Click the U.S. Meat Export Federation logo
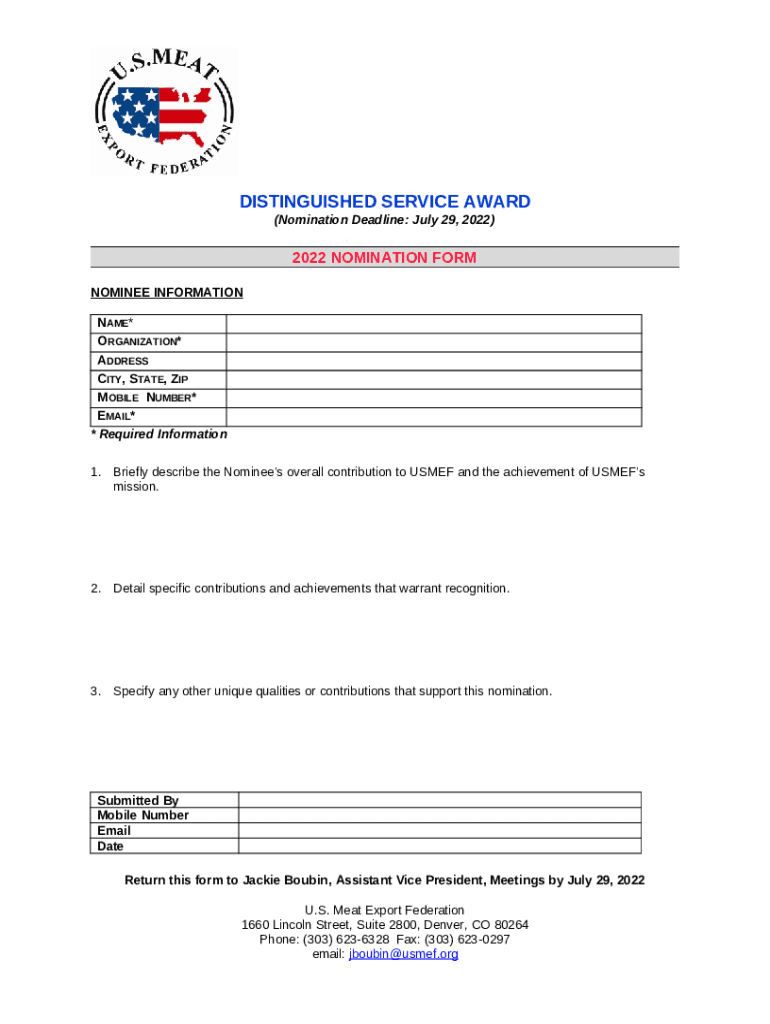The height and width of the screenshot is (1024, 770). click(165, 112)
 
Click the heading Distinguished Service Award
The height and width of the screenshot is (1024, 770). click(385, 202)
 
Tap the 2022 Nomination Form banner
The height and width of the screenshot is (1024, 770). click(385, 258)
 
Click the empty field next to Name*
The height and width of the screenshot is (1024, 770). click(434, 323)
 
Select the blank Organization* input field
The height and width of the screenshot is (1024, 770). click(434, 342)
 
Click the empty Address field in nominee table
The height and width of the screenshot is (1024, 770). click(434, 361)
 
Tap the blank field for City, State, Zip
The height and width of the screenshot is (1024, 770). click(434, 379)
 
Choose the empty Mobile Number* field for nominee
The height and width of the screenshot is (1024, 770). click(434, 398)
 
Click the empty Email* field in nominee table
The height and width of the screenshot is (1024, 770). click(434, 417)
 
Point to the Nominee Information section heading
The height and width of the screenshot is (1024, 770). click(167, 293)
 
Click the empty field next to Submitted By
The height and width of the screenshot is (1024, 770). click(440, 800)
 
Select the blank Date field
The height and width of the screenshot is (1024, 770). click(440, 846)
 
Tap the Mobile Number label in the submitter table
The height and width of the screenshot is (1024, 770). click(143, 816)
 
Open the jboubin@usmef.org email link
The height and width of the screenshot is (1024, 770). click(403, 955)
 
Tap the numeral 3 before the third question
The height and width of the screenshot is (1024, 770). click(95, 692)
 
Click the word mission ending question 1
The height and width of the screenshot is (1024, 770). click(136, 487)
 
